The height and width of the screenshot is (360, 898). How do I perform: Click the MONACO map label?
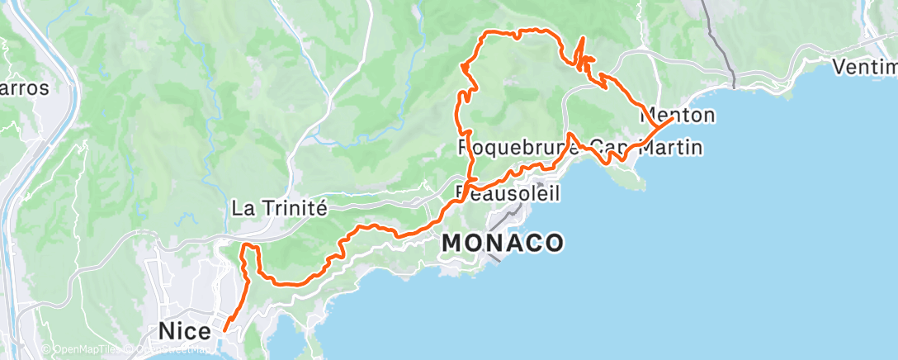[x=503, y=243]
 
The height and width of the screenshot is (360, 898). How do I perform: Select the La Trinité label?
[x=281, y=208]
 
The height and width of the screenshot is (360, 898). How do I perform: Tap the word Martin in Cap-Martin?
[x=676, y=149]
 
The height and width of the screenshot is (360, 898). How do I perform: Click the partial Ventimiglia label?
[x=864, y=67]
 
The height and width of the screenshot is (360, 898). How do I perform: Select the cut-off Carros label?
[x=25, y=88]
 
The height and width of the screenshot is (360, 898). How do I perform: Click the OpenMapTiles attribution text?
[x=83, y=350]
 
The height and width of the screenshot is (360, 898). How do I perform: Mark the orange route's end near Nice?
[x=224, y=331]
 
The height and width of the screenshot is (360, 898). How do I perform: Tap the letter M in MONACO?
[x=453, y=243]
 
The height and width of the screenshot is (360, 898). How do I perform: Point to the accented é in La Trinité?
[x=323, y=208]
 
